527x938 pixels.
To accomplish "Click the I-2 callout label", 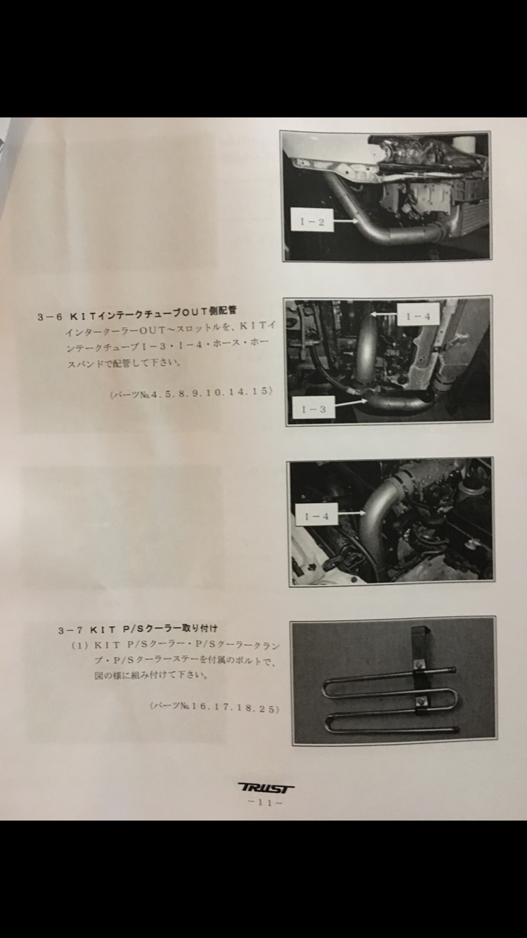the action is (x=312, y=221).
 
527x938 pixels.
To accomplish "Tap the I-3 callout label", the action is (x=313, y=409).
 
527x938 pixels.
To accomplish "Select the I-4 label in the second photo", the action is (x=418, y=316).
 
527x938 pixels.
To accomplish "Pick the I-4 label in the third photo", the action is (x=317, y=516).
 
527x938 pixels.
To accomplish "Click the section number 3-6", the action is (x=50, y=317).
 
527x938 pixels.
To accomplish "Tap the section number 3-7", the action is (x=71, y=630).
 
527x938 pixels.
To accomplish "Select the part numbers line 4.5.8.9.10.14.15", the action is (x=192, y=392).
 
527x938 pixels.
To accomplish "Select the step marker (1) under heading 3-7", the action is (x=80, y=645).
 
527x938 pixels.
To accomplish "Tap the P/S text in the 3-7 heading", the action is (x=133, y=629).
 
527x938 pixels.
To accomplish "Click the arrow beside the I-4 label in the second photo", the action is (x=383, y=314).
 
